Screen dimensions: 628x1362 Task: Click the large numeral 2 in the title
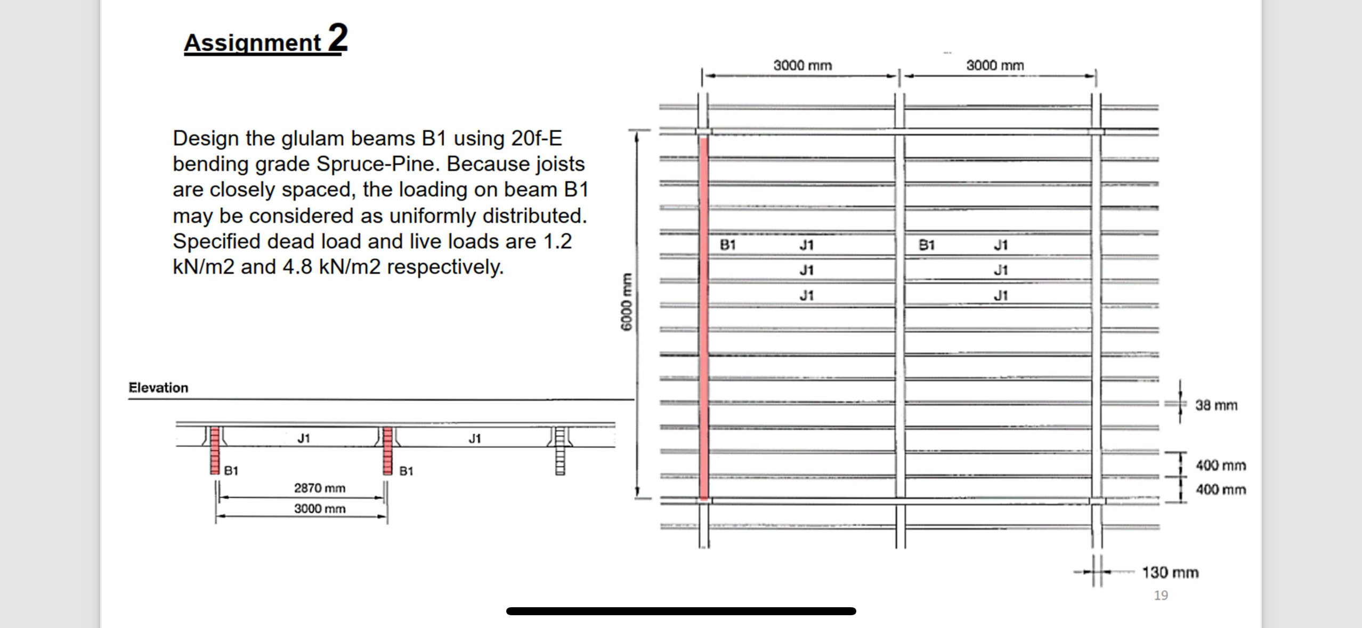(337, 38)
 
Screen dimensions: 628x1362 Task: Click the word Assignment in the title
(253, 43)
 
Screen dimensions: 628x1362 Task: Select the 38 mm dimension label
(1215, 405)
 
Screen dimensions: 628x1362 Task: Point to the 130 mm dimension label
(1170, 573)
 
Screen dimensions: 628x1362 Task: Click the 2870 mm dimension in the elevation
(320, 488)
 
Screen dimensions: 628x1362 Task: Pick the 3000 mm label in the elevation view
(320, 509)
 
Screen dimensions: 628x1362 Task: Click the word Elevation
(158, 388)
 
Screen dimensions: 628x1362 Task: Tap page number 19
(1161, 595)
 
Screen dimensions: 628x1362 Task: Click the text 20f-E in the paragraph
(536, 138)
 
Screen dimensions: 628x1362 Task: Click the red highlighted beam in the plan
(703, 320)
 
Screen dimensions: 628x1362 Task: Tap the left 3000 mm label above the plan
(802, 66)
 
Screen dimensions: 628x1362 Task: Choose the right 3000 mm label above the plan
(995, 66)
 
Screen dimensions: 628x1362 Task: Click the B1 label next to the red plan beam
(727, 245)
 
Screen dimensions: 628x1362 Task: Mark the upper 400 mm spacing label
(1220, 466)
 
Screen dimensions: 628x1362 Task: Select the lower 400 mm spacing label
(1220, 490)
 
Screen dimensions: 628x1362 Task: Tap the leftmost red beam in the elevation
(215, 450)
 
